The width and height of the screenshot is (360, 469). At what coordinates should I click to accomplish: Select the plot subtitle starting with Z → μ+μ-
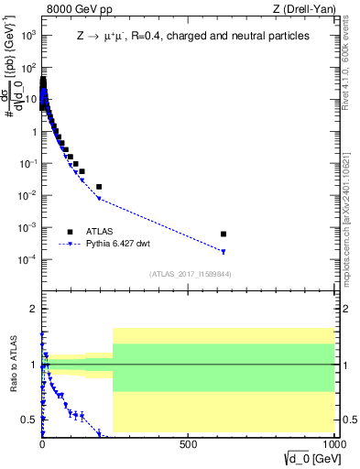coord(192,37)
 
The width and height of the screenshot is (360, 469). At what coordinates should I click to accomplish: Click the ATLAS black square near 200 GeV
coord(99,187)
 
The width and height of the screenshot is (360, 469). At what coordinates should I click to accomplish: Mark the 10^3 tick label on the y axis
coord(27,36)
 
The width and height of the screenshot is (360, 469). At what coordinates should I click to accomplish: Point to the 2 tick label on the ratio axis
coord(33,309)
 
